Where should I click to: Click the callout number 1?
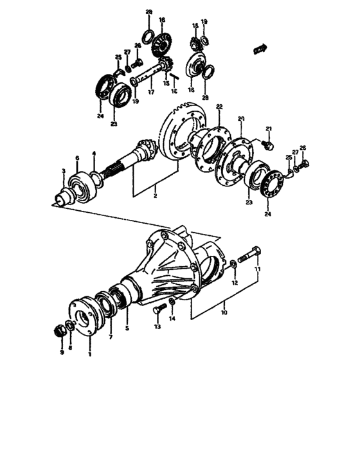(x=89, y=353)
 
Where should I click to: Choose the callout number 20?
(x=242, y=118)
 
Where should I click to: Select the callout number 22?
(x=219, y=106)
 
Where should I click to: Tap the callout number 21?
(x=269, y=129)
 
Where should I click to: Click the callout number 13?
(x=156, y=327)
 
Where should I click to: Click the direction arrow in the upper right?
(x=261, y=48)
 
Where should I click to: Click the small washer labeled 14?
(x=172, y=302)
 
